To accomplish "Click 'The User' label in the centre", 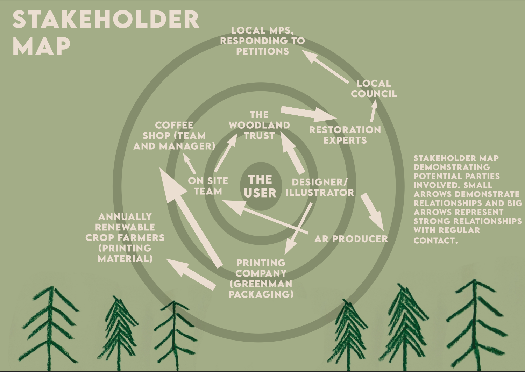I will [260, 186].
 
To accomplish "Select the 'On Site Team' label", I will [208, 186].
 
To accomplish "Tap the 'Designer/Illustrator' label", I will [320, 187].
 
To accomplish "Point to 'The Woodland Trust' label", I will [259, 125].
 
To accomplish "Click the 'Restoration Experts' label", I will [345, 135].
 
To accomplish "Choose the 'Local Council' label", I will [374, 89].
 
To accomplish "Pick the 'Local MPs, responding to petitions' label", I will [262, 41].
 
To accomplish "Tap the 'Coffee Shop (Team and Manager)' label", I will [174, 136].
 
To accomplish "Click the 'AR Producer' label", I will [351, 239].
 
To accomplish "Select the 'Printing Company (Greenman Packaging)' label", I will [261, 279].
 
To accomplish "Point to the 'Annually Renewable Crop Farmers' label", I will [125, 238].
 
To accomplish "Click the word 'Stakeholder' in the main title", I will [106, 20].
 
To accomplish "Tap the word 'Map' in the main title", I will [41, 46].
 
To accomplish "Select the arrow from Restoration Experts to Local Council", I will [373, 111].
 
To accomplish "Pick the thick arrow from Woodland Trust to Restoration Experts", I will [308, 113].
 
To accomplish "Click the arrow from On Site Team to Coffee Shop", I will [189, 164].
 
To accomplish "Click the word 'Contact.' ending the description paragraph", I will [435, 241].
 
